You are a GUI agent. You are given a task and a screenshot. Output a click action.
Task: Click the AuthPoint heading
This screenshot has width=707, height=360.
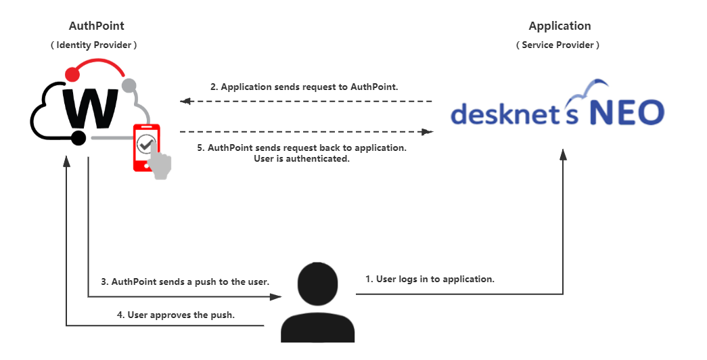97,26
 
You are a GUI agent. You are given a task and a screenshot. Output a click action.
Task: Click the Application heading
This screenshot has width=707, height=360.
560,26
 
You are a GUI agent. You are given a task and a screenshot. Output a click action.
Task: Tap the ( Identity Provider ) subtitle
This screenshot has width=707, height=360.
93,45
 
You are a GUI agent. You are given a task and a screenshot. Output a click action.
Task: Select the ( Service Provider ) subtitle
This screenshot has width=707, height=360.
557,45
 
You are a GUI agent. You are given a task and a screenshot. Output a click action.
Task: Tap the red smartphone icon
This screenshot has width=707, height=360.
145,145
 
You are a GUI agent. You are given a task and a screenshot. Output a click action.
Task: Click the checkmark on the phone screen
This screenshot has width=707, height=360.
145,143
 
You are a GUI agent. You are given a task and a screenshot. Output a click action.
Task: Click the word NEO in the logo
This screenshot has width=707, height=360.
626,112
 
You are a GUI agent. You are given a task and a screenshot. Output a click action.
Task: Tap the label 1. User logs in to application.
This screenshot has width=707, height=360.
430,279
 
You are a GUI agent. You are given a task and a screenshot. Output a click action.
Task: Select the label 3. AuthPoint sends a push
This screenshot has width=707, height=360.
185,281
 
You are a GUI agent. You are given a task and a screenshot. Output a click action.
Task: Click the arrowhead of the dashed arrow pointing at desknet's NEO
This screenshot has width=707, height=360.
428,131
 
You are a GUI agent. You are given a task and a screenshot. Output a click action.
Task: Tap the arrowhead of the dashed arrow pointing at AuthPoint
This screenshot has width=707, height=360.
185,102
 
